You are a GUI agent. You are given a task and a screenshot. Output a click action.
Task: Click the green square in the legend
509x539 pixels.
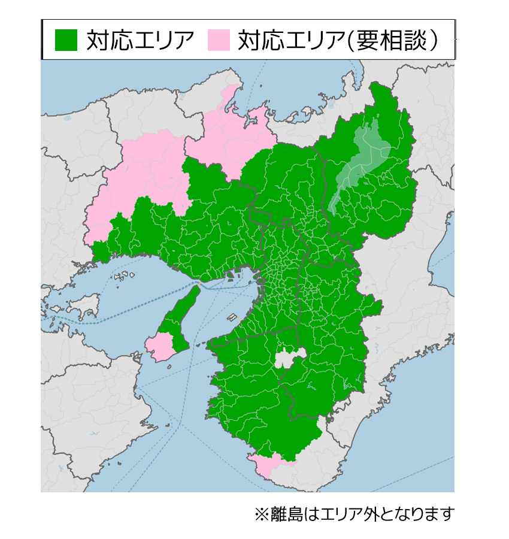tap(66, 40)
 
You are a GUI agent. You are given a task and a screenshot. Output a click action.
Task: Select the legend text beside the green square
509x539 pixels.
tap(140, 40)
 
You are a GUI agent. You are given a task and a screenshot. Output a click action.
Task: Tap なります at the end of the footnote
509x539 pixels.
tap(428, 514)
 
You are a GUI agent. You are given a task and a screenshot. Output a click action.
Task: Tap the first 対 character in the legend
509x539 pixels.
tap(97, 40)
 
